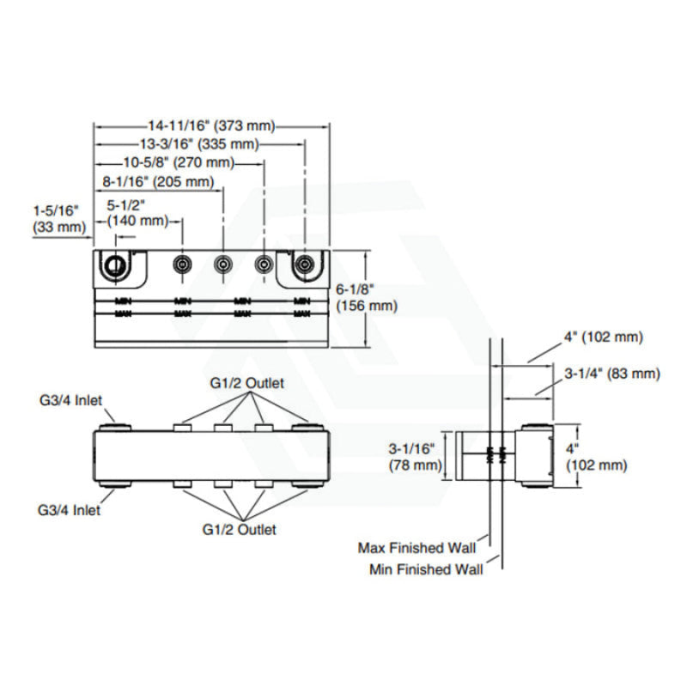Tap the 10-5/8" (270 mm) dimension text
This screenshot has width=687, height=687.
pos(179,162)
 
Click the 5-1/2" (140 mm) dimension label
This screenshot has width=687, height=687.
pos(137,213)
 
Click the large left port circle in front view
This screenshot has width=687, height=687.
pos(113,265)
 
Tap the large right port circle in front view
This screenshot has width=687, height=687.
pos(303,265)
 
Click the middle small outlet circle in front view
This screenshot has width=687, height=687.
pos(222,264)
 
